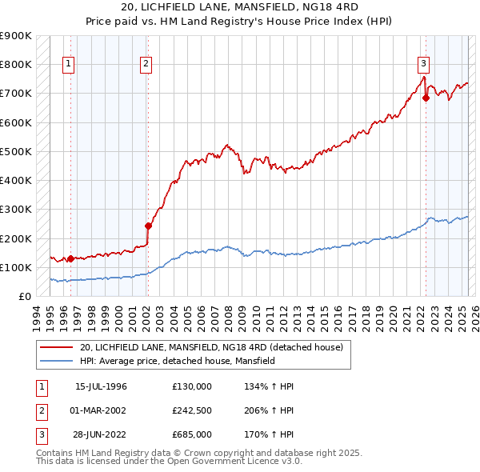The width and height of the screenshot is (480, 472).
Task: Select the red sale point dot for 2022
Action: tap(426, 98)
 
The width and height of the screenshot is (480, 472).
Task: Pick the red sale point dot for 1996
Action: tap(70, 258)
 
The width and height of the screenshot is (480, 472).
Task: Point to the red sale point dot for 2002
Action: tap(148, 226)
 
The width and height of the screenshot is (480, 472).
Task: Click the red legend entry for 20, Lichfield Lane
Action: tap(211, 347)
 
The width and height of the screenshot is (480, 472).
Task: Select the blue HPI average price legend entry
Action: tap(177, 362)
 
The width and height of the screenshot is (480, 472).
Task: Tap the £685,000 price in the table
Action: tap(191, 434)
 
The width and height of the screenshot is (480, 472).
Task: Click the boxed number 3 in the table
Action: tap(39, 434)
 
